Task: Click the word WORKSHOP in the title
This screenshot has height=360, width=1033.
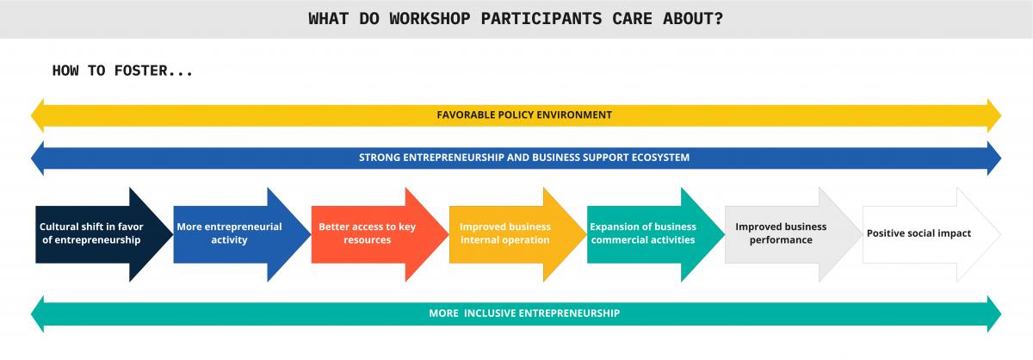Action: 430,19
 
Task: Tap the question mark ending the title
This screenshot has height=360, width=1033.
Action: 718,19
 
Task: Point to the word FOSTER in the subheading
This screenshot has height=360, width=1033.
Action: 140,71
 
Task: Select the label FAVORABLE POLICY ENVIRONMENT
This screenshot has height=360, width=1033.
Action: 524,115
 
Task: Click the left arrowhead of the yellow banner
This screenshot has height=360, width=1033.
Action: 37,115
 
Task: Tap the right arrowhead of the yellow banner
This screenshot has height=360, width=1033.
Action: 994,115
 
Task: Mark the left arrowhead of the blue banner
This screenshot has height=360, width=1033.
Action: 37,158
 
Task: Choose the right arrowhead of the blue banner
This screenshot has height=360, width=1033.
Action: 994,158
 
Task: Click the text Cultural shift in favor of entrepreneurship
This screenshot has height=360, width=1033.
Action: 91,233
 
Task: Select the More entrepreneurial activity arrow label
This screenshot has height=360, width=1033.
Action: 229,233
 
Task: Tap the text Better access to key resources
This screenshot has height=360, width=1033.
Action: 367,233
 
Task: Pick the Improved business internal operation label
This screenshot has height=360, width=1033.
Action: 505,233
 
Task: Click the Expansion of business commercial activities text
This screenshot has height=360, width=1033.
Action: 643,233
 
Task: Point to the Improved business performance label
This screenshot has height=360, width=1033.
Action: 781,233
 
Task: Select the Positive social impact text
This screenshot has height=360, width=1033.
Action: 919,233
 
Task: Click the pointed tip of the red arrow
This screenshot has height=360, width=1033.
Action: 448,234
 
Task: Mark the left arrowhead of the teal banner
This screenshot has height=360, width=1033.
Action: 37,313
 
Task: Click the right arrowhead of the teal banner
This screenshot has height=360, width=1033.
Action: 994,313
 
